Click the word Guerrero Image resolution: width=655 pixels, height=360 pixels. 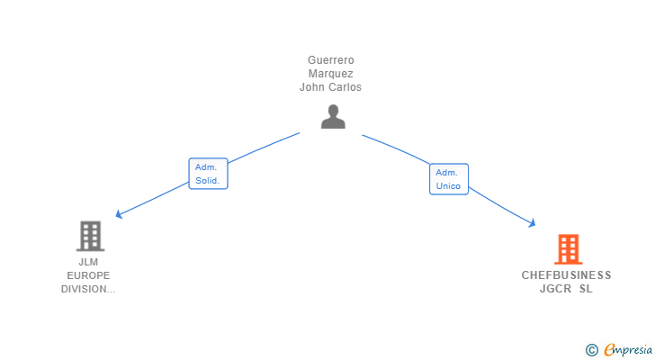[x=331, y=60]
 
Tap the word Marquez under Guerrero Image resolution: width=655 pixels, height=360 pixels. [x=331, y=74]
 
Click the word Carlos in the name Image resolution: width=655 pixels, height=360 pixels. [x=345, y=87]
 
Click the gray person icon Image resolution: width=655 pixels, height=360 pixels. [x=333, y=116]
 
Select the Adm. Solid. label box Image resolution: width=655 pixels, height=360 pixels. [x=208, y=174]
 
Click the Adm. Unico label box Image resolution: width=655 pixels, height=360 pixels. [x=449, y=179]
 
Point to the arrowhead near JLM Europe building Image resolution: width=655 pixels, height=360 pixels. [x=119, y=214]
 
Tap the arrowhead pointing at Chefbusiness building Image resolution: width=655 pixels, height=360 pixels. [x=532, y=223]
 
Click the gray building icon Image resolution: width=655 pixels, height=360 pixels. [x=90, y=236]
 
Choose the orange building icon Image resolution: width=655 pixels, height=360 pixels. [x=568, y=249]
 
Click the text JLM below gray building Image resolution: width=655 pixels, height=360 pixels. [x=88, y=262]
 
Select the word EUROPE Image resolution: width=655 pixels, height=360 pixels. [x=88, y=275]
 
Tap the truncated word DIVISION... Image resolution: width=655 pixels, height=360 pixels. [x=88, y=289]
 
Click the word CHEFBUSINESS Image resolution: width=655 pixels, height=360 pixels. [x=566, y=275]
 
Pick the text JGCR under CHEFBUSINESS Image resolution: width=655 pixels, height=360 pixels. [x=555, y=289]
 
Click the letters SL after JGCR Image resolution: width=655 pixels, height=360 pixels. [x=586, y=289]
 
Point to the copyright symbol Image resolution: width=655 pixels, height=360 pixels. [x=591, y=350]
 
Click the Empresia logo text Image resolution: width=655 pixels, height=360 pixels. [x=628, y=350]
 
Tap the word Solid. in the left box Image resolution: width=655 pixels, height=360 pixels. [x=207, y=180]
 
